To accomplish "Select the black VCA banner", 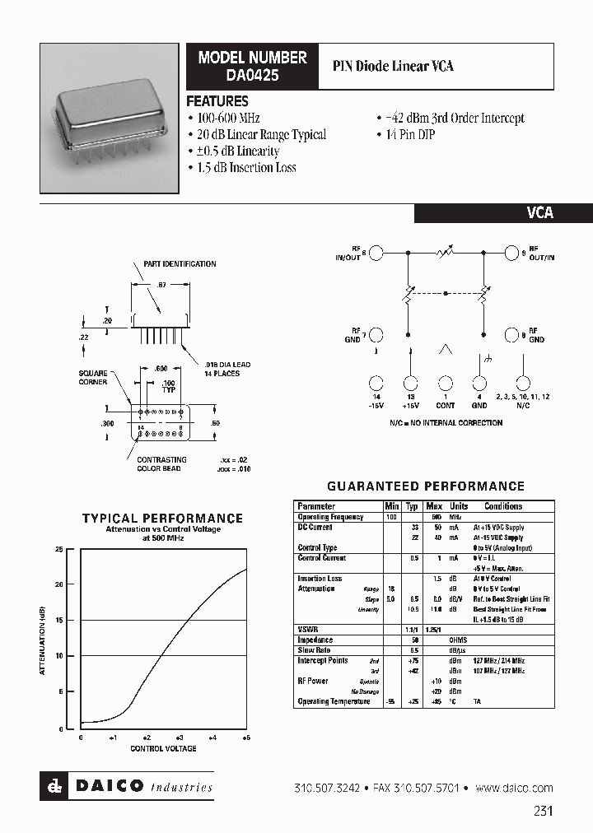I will (x=502, y=212).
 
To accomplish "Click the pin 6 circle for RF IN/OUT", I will (x=376, y=253).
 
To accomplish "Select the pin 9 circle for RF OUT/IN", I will (x=513, y=253).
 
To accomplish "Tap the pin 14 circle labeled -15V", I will (x=376, y=383).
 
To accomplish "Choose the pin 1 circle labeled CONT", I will (x=445, y=383).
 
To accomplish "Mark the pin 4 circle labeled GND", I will (x=479, y=383).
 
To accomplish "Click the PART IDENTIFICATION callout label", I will (x=180, y=264).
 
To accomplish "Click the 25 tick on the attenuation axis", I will (x=58, y=548).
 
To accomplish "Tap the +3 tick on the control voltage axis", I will (x=180, y=738).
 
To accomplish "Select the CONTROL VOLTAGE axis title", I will (x=163, y=748).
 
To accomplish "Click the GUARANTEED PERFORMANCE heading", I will (x=426, y=486).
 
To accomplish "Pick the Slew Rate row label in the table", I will (x=313, y=650).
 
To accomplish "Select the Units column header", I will (x=459, y=506).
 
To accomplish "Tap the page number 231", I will (x=543, y=811).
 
